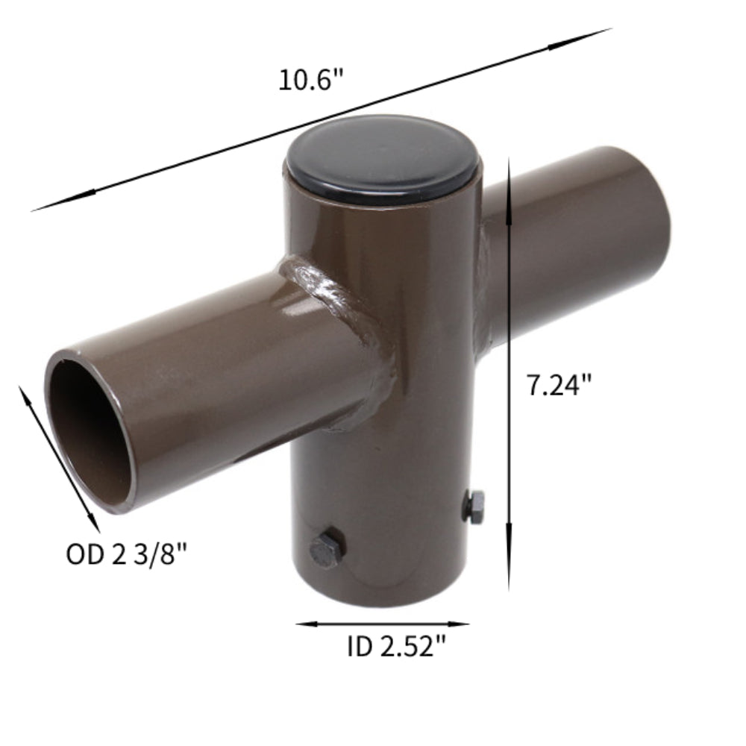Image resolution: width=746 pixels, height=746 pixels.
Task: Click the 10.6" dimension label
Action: (311, 80)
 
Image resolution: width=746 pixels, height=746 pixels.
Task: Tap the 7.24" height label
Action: (559, 385)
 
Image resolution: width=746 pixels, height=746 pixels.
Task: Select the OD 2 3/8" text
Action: (126, 554)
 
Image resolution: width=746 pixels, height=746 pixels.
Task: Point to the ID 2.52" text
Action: (391, 647)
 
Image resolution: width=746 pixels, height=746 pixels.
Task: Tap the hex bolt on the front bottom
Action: (326, 551)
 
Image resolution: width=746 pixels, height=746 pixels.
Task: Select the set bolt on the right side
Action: (473, 507)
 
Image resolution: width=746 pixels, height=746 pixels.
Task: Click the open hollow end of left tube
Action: (90, 430)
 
